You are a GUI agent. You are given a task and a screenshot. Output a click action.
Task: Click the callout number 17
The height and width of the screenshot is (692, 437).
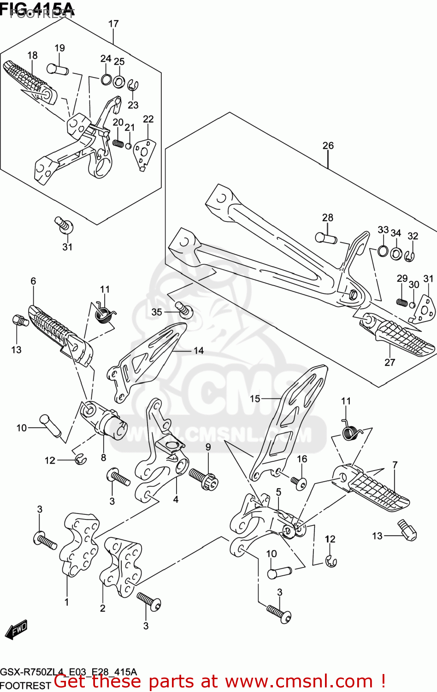(x=113, y=24)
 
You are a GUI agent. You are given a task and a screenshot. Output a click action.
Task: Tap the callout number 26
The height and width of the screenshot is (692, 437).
(x=328, y=145)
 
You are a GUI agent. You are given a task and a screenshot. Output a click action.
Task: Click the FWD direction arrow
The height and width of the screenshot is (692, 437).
(x=16, y=630)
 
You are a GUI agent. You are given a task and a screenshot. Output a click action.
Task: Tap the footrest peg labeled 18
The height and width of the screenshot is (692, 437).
(x=30, y=79)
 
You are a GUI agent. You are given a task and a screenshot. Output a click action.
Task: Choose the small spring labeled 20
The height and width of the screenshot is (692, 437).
(x=118, y=143)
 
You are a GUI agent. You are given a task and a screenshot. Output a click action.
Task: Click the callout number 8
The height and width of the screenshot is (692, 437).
(x=103, y=457)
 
